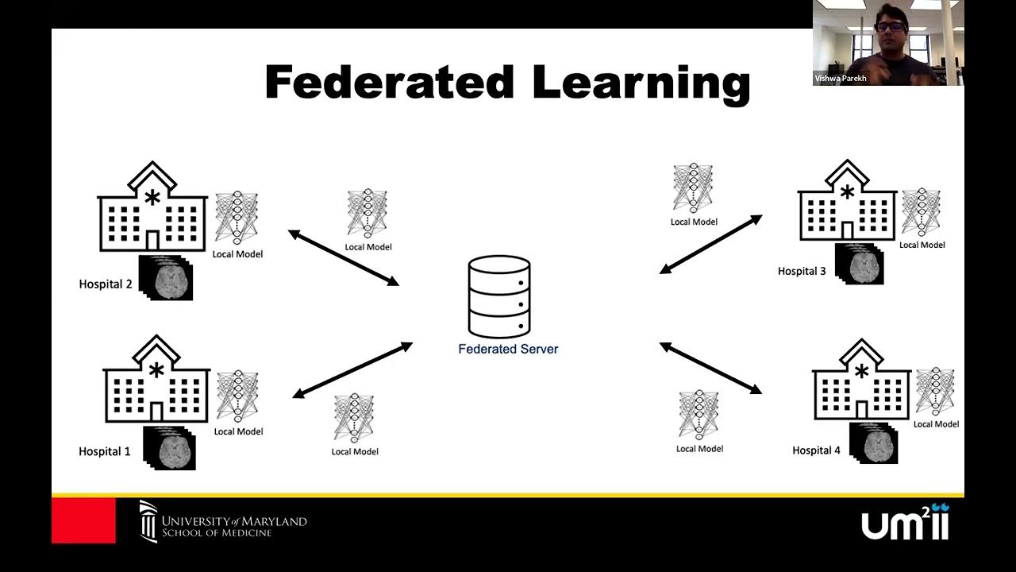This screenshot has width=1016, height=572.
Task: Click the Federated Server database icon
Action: (498, 296)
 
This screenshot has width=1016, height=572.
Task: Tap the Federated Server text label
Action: (508, 349)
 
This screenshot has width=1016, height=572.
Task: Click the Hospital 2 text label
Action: (106, 284)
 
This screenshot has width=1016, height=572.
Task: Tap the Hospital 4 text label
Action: (816, 450)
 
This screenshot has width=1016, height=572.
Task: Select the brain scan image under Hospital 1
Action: (169, 449)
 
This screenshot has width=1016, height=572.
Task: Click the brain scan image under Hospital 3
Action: (860, 265)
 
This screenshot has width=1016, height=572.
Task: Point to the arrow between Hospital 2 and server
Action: (343, 257)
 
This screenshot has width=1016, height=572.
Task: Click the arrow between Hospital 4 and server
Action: (710, 368)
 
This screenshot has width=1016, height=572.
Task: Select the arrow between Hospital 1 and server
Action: (352, 370)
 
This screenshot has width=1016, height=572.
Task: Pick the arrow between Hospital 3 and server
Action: (710, 244)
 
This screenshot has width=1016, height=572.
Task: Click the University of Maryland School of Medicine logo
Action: (223, 522)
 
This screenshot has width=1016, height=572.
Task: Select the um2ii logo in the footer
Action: (905, 522)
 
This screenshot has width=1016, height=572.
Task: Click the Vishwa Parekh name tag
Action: (841, 79)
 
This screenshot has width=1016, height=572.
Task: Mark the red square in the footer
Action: (83, 520)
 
